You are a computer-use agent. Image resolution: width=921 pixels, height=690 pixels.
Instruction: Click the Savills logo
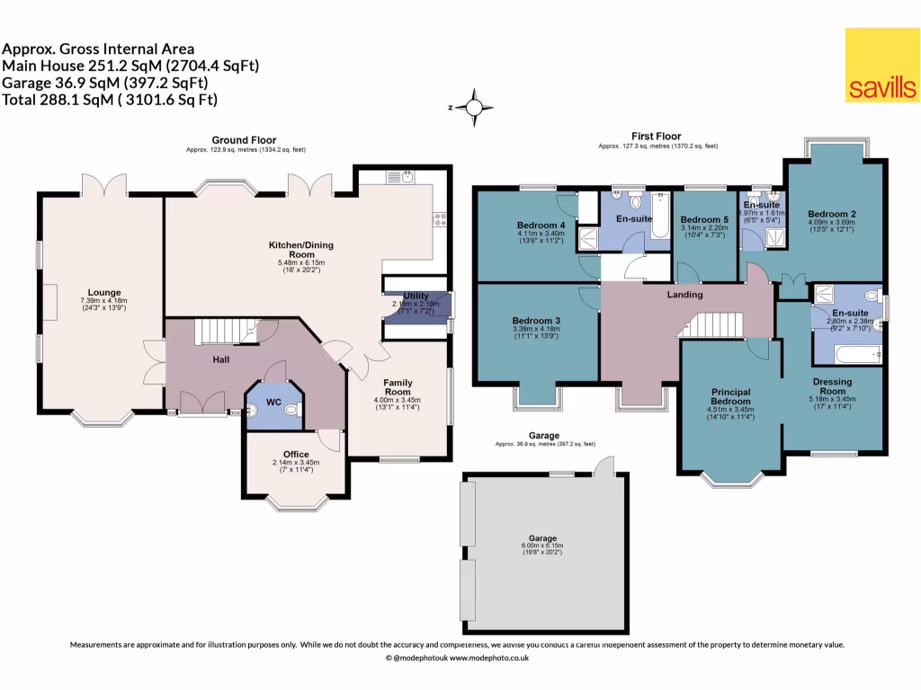(881, 65)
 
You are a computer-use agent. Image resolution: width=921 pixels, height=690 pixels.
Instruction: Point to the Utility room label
(416, 296)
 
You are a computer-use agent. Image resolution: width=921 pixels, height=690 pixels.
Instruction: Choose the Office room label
(296, 454)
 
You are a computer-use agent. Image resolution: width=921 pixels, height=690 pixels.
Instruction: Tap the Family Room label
(397, 386)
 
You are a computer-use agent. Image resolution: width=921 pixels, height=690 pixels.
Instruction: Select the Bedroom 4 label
(541, 225)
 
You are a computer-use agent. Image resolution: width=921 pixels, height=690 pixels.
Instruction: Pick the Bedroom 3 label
(537, 321)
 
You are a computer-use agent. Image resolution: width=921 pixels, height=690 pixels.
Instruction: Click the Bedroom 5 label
(704, 220)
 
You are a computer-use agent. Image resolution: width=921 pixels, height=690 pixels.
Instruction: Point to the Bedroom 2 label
(832, 213)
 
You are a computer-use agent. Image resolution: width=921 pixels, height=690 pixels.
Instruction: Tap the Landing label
(684, 295)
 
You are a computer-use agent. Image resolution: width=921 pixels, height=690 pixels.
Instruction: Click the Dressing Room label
(832, 386)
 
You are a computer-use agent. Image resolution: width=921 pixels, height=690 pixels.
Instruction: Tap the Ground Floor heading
(243, 140)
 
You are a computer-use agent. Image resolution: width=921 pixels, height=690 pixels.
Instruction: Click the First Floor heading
(656, 135)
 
